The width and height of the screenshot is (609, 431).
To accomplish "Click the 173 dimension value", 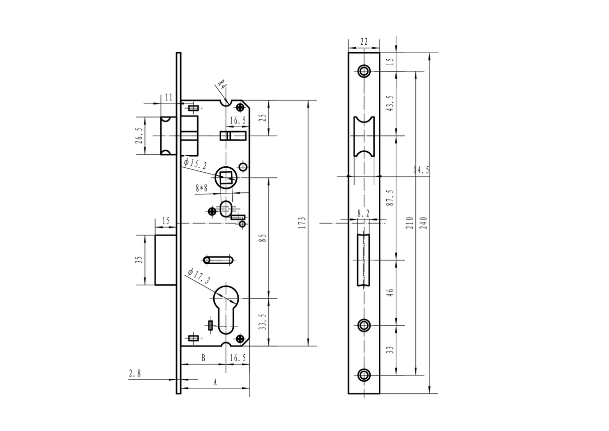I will pos(301,223).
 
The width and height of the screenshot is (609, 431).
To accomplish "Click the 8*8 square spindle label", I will pos(202,188).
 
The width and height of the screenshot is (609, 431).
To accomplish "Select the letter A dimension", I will pos(215,383).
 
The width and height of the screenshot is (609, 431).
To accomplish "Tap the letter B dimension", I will pos(203,358).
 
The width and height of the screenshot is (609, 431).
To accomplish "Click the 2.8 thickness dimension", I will pos(134,373).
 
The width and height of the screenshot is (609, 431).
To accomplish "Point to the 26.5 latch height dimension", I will pos(138,136).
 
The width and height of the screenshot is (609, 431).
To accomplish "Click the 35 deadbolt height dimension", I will pos(138,260).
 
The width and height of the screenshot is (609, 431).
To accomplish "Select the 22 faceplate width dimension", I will pos(364,41).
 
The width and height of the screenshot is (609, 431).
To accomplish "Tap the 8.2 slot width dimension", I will pos(363,213).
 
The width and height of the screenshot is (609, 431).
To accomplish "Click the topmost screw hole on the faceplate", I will pos(364,71).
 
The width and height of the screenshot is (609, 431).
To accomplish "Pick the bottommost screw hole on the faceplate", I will pos(364,375).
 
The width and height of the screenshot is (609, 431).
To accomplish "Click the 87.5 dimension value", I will pos(391,198).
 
